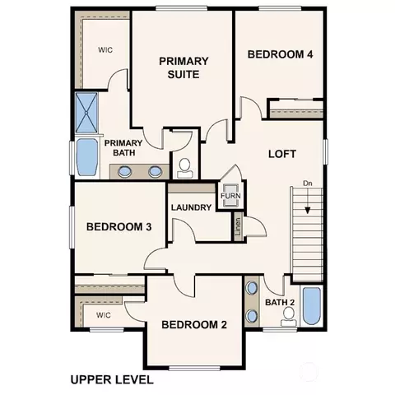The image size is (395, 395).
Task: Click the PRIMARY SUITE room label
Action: (x=184, y=67)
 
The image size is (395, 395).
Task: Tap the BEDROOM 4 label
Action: (x=280, y=54)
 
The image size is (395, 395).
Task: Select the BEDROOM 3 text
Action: (x=118, y=227)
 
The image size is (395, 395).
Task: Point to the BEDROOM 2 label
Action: (x=194, y=325)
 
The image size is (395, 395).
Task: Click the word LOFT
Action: (x=282, y=154)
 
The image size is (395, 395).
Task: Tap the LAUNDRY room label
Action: (x=191, y=207)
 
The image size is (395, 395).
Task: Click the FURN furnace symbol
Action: (x=230, y=195)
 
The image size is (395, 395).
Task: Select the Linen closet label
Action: (x=238, y=226)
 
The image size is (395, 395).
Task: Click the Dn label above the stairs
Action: (x=308, y=184)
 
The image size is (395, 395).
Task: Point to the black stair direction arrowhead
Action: (x=308, y=211)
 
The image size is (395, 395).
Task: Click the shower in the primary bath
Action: (x=86, y=113)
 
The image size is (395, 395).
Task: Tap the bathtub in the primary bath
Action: (x=87, y=157)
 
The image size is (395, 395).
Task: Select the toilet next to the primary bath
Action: (x=184, y=169)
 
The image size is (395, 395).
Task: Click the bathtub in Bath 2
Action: (x=312, y=306)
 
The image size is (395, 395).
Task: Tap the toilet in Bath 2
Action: (x=289, y=317)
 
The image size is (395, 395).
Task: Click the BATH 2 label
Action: (x=280, y=302)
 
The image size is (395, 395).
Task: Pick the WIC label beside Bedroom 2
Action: (x=104, y=315)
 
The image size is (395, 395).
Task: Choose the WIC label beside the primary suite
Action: (x=105, y=50)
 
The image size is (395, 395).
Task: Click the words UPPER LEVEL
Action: (x=112, y=380)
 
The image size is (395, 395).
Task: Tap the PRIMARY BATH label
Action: (x=123, y=147)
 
